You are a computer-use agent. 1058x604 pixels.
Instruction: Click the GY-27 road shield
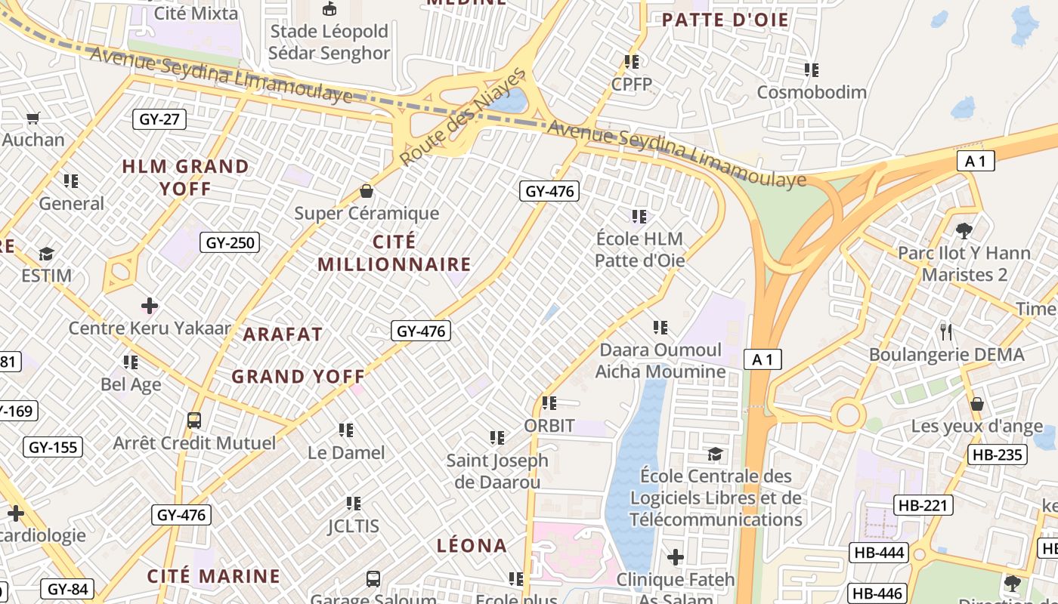point(159,119)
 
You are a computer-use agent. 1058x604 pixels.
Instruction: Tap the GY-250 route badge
point(230,242)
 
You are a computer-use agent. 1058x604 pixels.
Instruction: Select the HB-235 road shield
point(996,455)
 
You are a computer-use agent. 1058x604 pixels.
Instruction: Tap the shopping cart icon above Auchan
point(32,118)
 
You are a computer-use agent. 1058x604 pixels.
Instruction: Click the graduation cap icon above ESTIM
point(47,254)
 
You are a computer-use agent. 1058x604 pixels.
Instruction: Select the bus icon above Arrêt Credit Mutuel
point(194,421)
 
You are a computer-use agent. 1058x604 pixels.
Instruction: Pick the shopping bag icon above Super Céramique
point(367,191)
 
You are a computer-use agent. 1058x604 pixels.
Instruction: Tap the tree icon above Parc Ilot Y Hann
point(964,230)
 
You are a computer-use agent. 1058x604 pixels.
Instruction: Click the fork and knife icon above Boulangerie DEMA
point(945,331)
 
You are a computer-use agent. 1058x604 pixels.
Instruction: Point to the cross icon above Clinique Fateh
point(676,558)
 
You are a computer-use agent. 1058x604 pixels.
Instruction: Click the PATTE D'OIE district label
point(725,20)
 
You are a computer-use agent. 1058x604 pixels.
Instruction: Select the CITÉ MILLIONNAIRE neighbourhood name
point(394,253)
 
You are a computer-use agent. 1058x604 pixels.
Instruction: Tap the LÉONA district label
point(472,545)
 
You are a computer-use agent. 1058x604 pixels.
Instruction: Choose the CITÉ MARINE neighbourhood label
point(214,576)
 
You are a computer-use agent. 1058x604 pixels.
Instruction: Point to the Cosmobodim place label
point(812,92)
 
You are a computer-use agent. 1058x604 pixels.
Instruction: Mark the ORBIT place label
point(549,426)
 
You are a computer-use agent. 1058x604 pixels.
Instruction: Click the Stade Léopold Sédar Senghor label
point(329,42)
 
